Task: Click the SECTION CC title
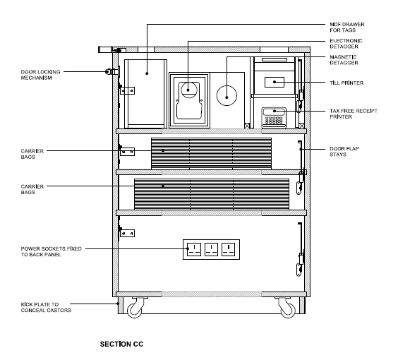click(122, 344)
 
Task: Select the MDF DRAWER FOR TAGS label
click(347, 27)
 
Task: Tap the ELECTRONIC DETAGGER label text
click(346, 44)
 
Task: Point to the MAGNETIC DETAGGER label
click(344, 60)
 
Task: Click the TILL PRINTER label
click(347, 83)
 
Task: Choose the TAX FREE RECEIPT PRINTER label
click(354, 114)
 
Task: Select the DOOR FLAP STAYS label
click(344, 152)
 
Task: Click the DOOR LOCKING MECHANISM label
click(41, 75)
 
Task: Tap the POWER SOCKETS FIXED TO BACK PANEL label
click(51, 252)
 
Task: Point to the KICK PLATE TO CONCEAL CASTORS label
click(46, 307)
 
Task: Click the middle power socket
click(211, 249)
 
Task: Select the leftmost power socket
click(193, 249)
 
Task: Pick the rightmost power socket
click(229, 249)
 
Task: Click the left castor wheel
click(135, 309)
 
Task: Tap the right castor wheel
click(287, 309)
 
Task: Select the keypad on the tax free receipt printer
click(274, 120)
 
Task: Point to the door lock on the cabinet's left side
click(112, 71)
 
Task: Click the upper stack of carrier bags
click(211, 153)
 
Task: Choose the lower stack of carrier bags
click(212, 194)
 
